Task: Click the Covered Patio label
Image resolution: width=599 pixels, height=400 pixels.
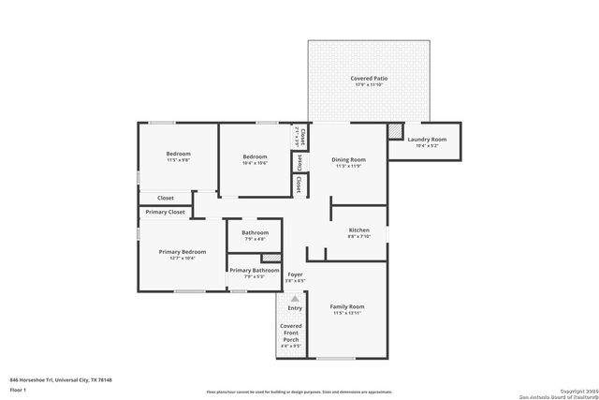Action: [x=369, y=78]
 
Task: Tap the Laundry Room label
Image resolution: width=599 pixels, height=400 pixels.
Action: [x=426, y=140]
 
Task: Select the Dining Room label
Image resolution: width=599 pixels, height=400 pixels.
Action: [x=348, y=159]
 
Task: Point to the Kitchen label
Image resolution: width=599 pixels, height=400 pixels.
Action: [x=359, y=230]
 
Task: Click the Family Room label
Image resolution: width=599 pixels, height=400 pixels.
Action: [x=346, y=306]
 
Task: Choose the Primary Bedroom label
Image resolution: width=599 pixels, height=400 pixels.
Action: [x=182, y=252]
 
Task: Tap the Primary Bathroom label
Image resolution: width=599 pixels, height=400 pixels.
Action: [x=255, y=270]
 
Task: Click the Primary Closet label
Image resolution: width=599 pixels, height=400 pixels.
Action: [x=165, y=212]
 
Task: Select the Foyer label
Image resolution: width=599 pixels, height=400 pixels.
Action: [x=295, y=274]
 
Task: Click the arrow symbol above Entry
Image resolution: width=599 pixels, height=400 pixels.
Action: [x=295, y=299]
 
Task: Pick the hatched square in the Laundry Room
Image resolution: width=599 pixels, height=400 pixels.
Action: [x=395, y=130]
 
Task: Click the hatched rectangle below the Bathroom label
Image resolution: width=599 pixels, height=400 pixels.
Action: [x=270, y=257]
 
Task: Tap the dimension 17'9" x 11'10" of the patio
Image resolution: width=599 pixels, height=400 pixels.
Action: [x=369, y=85]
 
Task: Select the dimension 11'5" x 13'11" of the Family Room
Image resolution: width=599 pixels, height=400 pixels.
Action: [x=346, y=314]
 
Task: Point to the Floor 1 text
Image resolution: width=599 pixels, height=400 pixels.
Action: [x=18, y=389]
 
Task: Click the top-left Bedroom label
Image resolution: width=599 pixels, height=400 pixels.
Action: [x=178, y=154]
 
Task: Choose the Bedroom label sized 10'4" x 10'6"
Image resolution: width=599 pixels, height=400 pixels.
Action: [x=255, y=156]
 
